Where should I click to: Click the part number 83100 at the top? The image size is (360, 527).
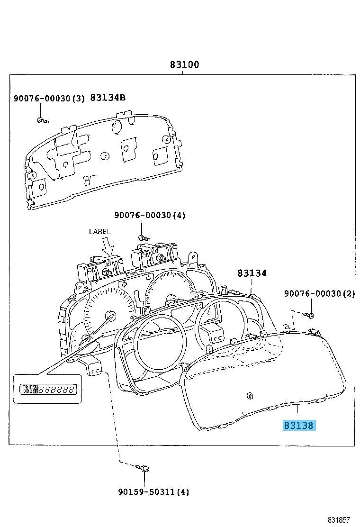click(x=185, y=64)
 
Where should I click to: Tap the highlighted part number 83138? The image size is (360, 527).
click(x=298, y=426)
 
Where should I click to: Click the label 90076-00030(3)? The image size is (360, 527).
click(x=49, y=99)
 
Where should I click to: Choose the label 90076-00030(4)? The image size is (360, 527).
click(x=150, y=216)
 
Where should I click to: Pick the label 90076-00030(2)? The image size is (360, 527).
click(x=319, y=294)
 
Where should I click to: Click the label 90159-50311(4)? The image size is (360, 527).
click(x=153, y=492)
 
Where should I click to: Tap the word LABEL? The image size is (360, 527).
click(x=99, y=232)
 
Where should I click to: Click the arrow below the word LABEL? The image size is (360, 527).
click(x=108, y=246)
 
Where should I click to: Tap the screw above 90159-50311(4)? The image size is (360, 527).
click(x=144, y=468)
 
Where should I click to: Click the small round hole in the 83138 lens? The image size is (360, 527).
click(x=250, y=396)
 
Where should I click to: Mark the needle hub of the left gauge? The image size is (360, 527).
click(x=111, y=315)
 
